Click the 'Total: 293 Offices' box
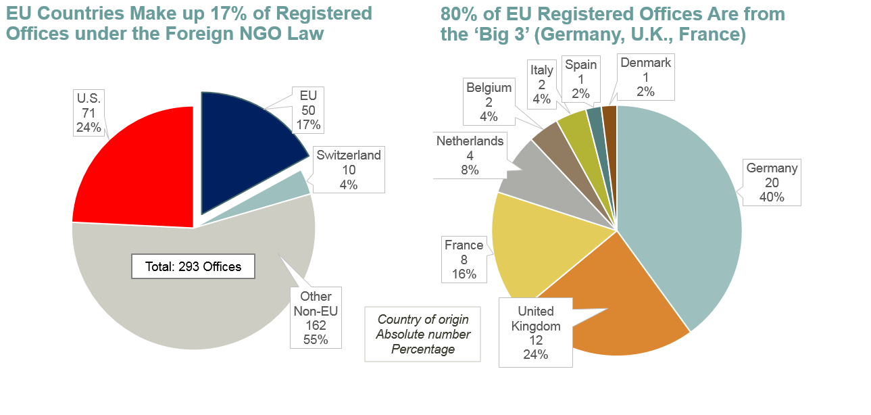pyautogui.click(x=193, y=266)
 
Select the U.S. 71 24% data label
pyautogui.click(x=89, y=112)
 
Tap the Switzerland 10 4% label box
pyautogui.click(x=349, y=170)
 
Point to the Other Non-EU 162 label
pyautogui.click(x=316, y=318)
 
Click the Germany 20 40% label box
pyautogui.click(x=772, y=182)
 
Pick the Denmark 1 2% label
pyautogui.click(x=645, y=77)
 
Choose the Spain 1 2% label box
pyautogui.click(x=581, y=79)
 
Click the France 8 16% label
pyautogui.click(x=464, y=260)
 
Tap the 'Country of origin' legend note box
pyautogui.click(x=423, y=334)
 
